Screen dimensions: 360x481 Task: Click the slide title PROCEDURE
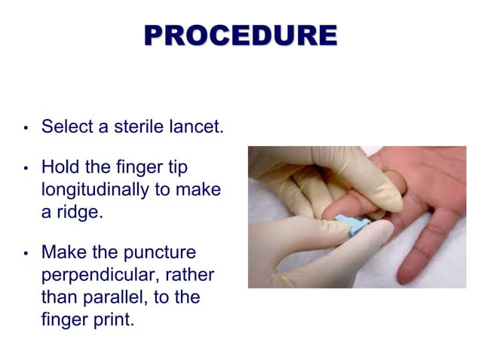240,35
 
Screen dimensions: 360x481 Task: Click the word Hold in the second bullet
58,166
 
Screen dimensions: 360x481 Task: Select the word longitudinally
95,190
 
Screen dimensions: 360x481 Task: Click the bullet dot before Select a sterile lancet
25,127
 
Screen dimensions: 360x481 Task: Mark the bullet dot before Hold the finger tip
25,167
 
